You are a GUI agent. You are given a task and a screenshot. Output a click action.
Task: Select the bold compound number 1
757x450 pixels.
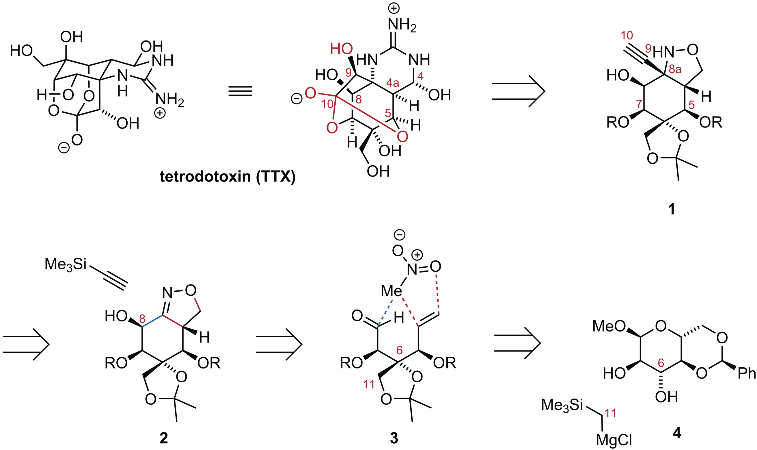tap(671, 209)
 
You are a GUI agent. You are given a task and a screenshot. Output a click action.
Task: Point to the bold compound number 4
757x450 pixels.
tap(676, 433)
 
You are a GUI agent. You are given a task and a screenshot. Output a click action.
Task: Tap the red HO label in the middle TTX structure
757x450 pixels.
tap(341, 49)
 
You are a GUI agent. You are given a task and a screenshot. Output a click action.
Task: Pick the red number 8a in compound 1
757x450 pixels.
tap(675, 69)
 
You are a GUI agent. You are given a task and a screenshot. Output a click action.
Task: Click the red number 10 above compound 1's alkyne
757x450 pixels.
tap(627, 36)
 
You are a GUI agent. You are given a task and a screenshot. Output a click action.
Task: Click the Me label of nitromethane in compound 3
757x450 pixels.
tap(391, 291)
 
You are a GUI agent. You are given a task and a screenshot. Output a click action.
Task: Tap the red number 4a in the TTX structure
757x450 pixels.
tap(393, 83)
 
